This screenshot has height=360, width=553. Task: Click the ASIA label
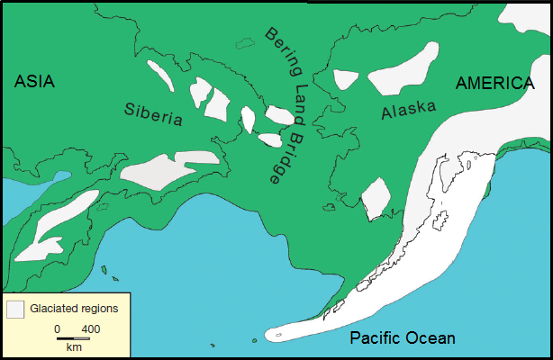[35, 82]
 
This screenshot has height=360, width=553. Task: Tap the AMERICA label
[494, 84]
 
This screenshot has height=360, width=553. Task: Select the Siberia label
[153, 115]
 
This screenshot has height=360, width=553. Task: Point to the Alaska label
[408, 111]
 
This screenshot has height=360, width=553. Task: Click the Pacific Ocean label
[403, 338]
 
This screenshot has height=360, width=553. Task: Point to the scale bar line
[73, 338]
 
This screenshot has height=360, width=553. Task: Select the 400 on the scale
[90, 328]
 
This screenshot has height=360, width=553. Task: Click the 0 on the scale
[57, 328]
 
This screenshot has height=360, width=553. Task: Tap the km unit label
[73, 347]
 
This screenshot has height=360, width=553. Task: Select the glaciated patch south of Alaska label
[376, 198]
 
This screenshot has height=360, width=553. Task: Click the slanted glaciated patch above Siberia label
[160, 76]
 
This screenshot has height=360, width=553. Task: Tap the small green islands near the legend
[107, 270]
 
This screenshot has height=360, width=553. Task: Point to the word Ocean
[431, 338]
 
